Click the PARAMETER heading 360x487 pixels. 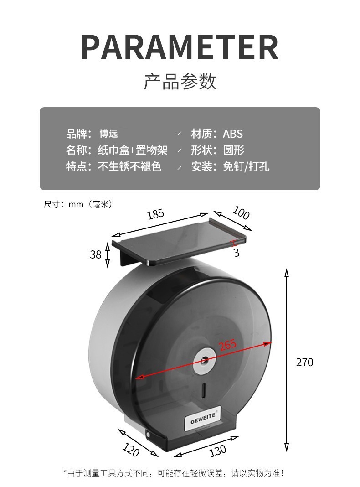coord(180,47)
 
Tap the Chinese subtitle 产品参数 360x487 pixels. coord(180,82)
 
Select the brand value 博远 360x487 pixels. coord(108,134)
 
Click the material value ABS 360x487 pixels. coord(232,134)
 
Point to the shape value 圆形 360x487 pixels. coord(233,150)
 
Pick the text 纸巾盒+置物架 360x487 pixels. coord(133,150)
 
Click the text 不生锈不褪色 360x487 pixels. coord(130,166)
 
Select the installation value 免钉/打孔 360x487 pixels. coord(246,166)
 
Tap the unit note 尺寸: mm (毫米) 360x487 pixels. coord(77,204)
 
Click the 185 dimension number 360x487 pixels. coord(155,214)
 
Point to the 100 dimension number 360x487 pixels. coord(241,212)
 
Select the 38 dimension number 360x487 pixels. coord(95,254)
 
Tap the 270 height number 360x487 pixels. coord(304,363)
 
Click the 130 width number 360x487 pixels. coord(218,451)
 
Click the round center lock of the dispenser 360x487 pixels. coord(203,360)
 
